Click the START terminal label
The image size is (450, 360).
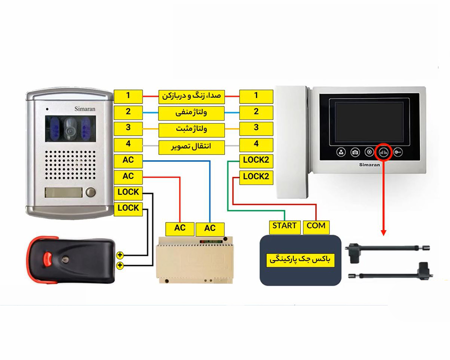coord(284,227)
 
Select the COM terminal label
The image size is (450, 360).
coord(316,227)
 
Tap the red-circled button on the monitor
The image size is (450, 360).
coord(383,152)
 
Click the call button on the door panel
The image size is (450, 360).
coord(91,192)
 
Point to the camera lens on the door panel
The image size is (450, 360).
coord(69,131)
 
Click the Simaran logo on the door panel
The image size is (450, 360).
coord(84,109)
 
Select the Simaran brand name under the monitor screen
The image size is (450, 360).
coord(369,165)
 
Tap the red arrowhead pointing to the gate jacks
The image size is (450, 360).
coord(383,232)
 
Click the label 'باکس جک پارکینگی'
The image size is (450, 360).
coord(300,260)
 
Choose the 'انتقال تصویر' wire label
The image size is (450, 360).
coord(191,146)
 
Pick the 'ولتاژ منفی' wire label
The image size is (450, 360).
coord(191,113)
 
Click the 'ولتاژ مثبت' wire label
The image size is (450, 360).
coord(191,129)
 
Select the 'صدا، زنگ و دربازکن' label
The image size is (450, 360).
coord(191,96)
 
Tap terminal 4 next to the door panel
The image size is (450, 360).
coord(128,144)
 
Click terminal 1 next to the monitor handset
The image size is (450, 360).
coord(256,96)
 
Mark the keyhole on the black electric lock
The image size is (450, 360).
coord(65,260)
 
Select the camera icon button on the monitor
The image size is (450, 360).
coord(355,152)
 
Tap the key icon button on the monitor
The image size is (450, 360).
coord(398,152)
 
